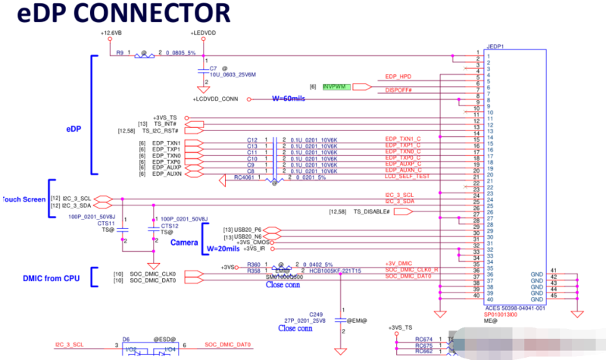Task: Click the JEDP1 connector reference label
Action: click(495, 45)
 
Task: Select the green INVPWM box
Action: click(335, 87)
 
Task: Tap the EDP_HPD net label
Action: click(398, 77)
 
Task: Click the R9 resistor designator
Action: click(120, 52)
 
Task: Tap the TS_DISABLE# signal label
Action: click(373, 211)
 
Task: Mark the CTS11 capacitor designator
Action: click(105, 224)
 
